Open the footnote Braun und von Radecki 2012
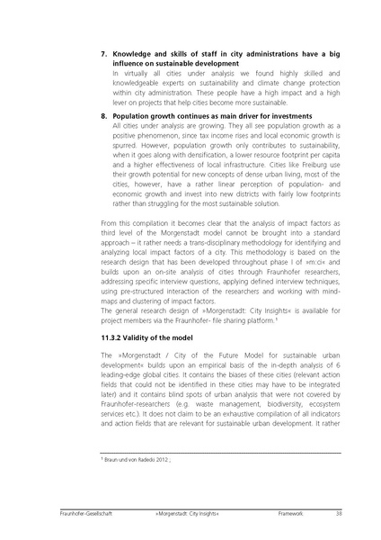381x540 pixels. [x=135, y=460]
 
